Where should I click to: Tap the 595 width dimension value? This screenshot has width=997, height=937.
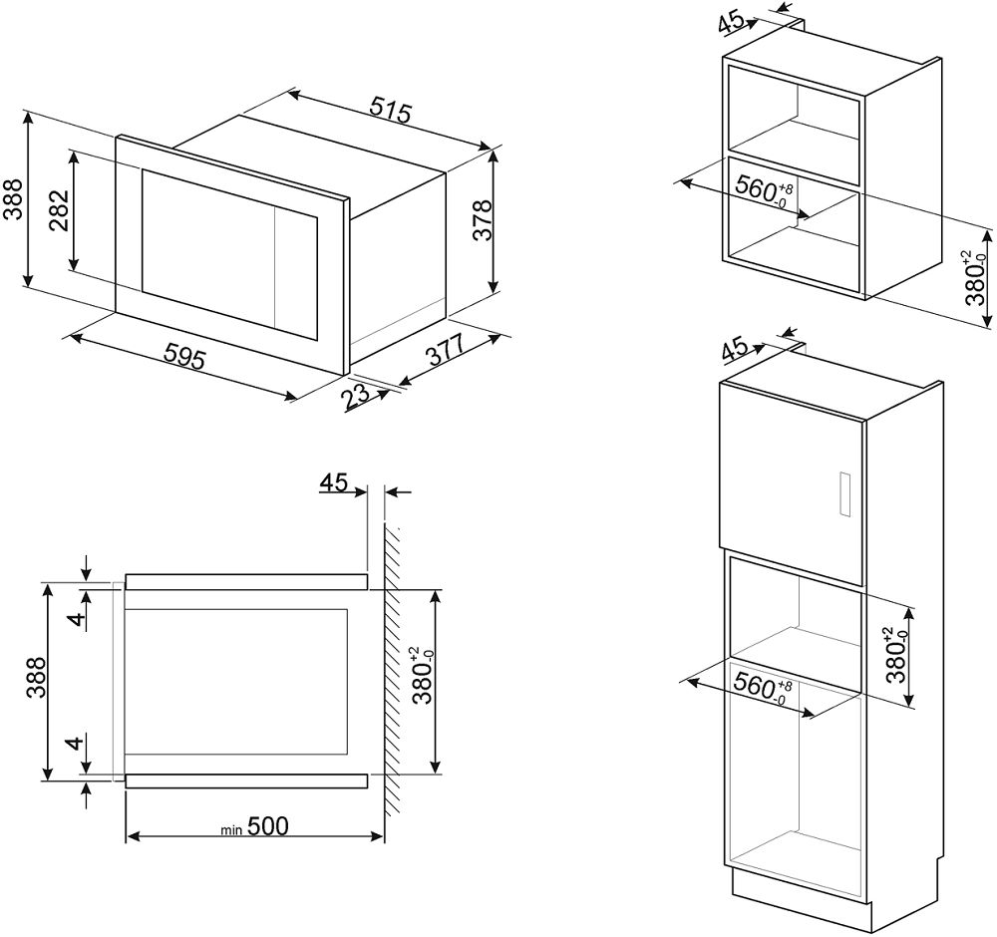pos(185,355)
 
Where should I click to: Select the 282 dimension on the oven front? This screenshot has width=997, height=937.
pos(59,210)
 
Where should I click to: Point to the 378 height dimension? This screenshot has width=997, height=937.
pos(483,220)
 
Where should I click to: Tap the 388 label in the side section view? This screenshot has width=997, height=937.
pos(37,678)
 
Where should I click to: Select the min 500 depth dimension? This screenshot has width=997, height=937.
pos(254,826)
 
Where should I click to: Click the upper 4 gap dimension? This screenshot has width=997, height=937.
pos(76,620)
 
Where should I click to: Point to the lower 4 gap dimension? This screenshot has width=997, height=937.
pos(76,742)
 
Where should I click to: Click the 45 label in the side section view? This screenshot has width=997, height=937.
pos(333,482)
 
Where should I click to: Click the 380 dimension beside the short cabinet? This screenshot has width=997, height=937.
pos(975,277)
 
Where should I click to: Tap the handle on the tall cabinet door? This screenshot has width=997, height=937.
pos(844,494)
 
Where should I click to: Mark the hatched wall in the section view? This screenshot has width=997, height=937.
pos(391,671)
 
